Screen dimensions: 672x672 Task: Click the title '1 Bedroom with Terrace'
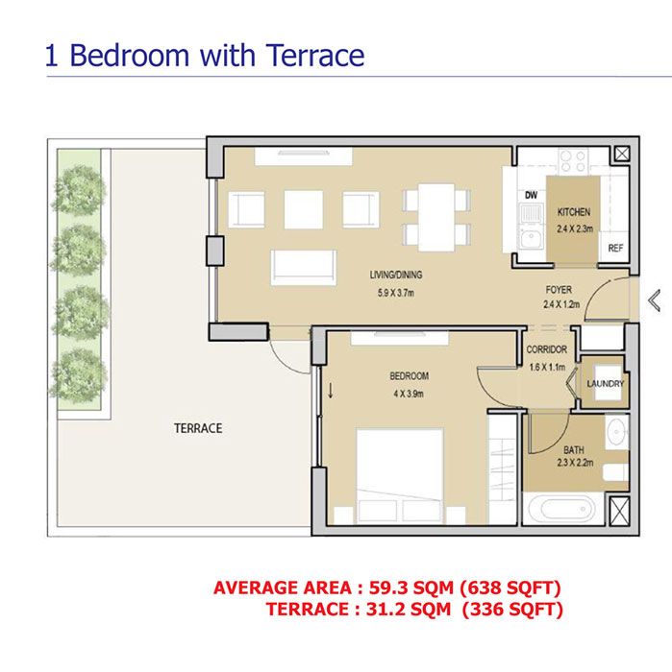point(205,54)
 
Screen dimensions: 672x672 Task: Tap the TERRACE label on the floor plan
point(198,428)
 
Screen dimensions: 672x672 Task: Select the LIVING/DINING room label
point(396,275)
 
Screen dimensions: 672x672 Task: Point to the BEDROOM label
point(409,376)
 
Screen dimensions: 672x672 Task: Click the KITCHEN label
point(573,212)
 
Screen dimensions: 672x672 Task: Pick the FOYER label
point(559,289)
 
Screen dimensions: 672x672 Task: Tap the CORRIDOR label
point(547,349)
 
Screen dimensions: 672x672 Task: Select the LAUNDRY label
point(606,384)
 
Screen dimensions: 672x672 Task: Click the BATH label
point(574,448)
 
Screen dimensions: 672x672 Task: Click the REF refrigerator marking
point(614,249)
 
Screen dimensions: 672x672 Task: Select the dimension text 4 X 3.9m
point(409,393)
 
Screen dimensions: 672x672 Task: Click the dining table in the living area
point(436,215)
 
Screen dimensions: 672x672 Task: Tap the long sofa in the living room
point(304,266)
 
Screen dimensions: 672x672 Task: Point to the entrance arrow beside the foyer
point(655,300)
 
